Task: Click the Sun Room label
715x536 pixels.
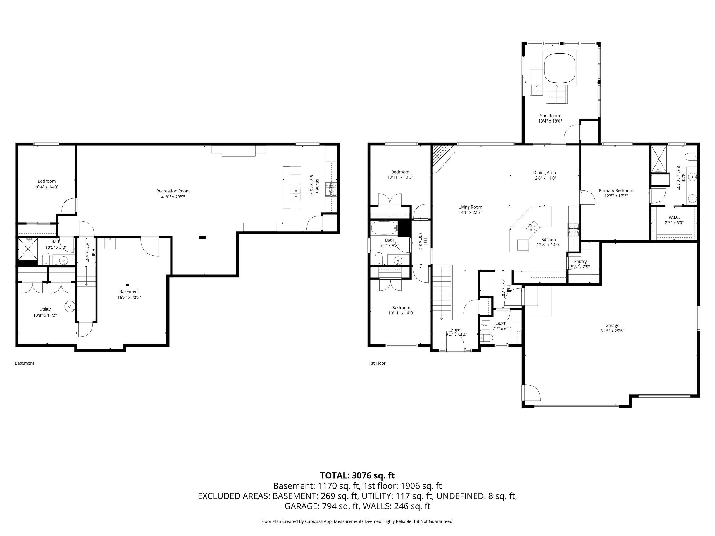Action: click(550, 116)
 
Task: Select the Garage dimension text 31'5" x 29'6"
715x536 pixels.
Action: click(612, 331)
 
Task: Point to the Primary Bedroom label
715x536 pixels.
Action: click(616, 191)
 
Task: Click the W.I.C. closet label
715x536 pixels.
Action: click(674, 217)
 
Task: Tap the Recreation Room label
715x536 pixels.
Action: click(173, 191)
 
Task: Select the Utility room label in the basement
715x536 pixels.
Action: click(45, 309)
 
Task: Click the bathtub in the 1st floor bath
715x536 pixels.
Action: click(384, 228)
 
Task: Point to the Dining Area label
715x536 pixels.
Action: click(544, 173)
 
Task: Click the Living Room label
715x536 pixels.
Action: click(470, 207)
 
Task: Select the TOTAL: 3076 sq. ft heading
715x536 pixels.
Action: click(357, 476)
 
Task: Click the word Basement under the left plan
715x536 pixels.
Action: click(24, 363)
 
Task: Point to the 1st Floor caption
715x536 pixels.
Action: click(377, 363)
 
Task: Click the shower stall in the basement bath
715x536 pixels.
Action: click(28, 249)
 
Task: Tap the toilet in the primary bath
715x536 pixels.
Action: click(692, 157)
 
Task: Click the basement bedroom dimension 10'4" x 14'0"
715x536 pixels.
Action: click(47, 187)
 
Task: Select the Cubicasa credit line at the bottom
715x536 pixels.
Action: click(357, 521)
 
